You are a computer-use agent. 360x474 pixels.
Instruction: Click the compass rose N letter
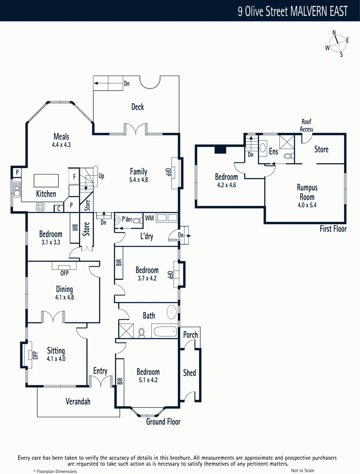334,33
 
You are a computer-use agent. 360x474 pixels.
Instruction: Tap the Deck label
138,107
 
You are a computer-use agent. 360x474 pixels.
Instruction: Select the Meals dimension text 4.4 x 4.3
61,145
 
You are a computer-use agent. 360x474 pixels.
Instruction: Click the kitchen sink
17,189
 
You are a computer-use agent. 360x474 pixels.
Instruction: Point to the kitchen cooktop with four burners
40,207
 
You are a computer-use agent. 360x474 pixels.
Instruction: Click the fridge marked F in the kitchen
74,176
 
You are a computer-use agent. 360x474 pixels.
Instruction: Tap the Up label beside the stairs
101,176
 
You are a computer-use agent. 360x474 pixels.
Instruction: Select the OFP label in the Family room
168,172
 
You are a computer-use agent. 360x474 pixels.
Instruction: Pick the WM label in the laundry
150,218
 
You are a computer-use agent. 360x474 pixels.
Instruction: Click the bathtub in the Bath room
165,331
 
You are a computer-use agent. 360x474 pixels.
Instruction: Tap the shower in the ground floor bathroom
126,331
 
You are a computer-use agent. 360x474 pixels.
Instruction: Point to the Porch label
190,335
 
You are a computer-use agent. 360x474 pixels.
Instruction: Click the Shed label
189,373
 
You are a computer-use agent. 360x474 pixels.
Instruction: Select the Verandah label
78,401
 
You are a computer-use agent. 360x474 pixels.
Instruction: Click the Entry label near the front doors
100,371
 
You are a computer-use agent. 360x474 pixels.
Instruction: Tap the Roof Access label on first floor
306,126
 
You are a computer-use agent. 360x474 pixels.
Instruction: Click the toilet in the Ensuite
289,156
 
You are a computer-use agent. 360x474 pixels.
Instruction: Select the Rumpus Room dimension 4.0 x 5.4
307,205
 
